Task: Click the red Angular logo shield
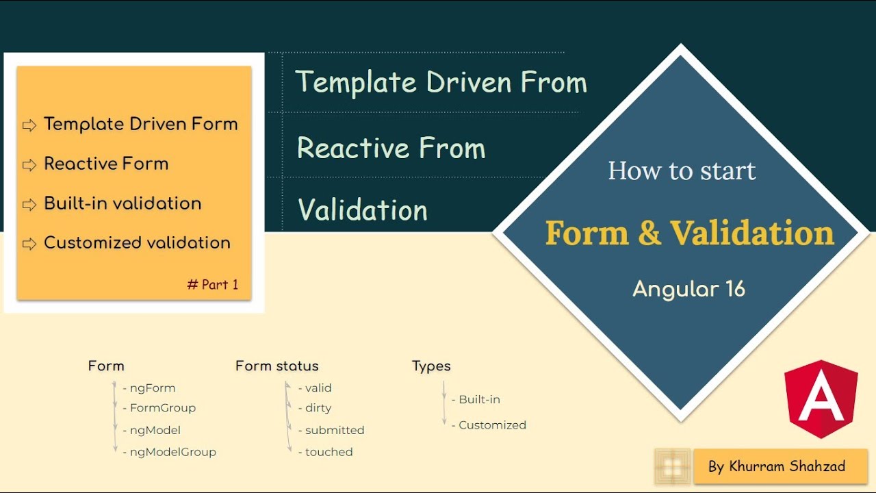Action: coord(821,399)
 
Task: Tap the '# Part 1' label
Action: coord(213,285)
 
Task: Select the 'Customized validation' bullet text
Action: coord(137,243)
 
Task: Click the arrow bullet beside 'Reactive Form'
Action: coord(29,165)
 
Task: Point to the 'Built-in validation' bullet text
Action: coord(123,203)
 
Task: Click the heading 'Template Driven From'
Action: coord(441,83)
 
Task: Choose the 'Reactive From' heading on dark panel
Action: coord(391,149)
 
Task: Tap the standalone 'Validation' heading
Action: coord(363,210)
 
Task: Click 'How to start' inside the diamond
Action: coord(682,170)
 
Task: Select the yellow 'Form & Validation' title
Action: coord(689,233)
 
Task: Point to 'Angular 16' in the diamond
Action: coord(688,289)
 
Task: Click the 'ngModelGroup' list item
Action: coord(172,452)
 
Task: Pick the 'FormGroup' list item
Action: coord(163,408)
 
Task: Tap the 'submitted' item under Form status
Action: coord(334,430)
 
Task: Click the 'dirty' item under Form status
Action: coord(318,408)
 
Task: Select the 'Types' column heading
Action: coord(431,366)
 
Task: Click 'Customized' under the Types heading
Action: coord(492,425)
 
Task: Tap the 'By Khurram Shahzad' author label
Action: coord(777,467)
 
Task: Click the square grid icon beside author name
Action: coord(673,467)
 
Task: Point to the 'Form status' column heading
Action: coord(276,366)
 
